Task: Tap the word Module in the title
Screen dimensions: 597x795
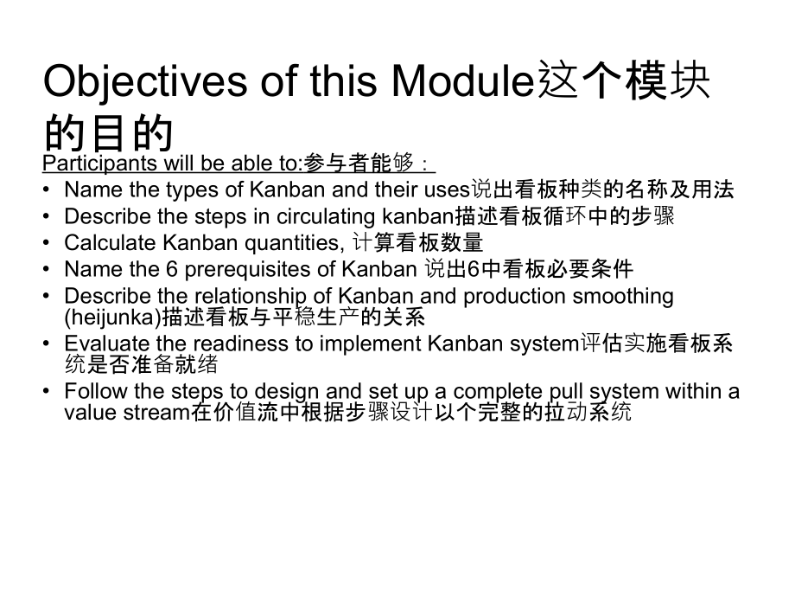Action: click(x=460, y=82)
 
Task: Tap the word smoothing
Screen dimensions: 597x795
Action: click(x=620, y=296)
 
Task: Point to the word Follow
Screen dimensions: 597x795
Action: click(x=92, y=391)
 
